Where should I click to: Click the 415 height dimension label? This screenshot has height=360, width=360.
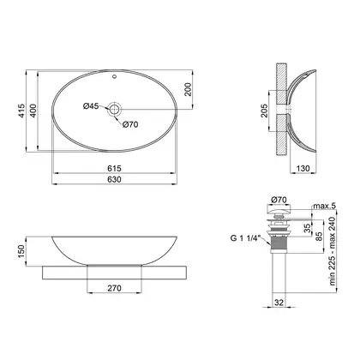click(x=21, y=111)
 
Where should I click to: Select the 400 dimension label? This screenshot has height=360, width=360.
click(x=33, y=111)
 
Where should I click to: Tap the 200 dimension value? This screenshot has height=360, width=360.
click(x=188, y=89)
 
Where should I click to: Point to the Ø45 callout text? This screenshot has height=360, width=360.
click(x=91, y=106)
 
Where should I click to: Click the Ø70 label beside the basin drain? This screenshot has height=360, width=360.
click(x=130, y=124)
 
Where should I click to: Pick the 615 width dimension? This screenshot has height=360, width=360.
click(x=114, y=169)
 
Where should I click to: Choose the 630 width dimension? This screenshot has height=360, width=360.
click(x=114, y=179)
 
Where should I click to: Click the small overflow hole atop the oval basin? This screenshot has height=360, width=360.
click(x=115, y=76)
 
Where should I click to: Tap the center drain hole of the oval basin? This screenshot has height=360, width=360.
click(x=115, y=109)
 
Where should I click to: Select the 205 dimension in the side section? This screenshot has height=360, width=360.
click(x=264, y=111)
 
